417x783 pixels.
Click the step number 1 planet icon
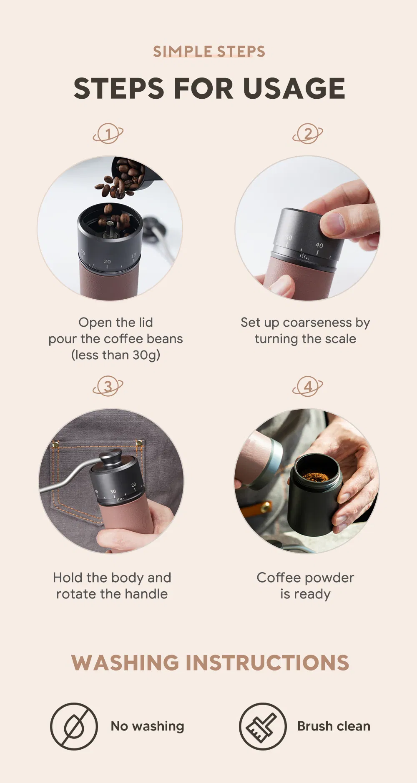coord(108,134)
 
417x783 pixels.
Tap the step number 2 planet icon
coord(308,134)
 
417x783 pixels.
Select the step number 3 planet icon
coord(108,386)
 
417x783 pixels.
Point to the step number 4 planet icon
coord(308,386)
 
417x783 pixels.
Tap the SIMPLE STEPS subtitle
coord(209,52)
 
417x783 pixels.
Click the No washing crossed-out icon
coord(74,726)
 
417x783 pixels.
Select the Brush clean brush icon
coord(262,726)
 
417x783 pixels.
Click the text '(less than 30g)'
coord(116,355)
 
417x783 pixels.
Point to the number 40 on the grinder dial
coord(319,245)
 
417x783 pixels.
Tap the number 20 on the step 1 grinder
coord(107,262)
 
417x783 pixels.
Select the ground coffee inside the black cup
coord(315,476)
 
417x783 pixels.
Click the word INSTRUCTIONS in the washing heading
coord(267,663)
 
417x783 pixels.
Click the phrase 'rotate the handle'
coord(112,594)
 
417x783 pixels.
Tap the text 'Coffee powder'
coord(305,578)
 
